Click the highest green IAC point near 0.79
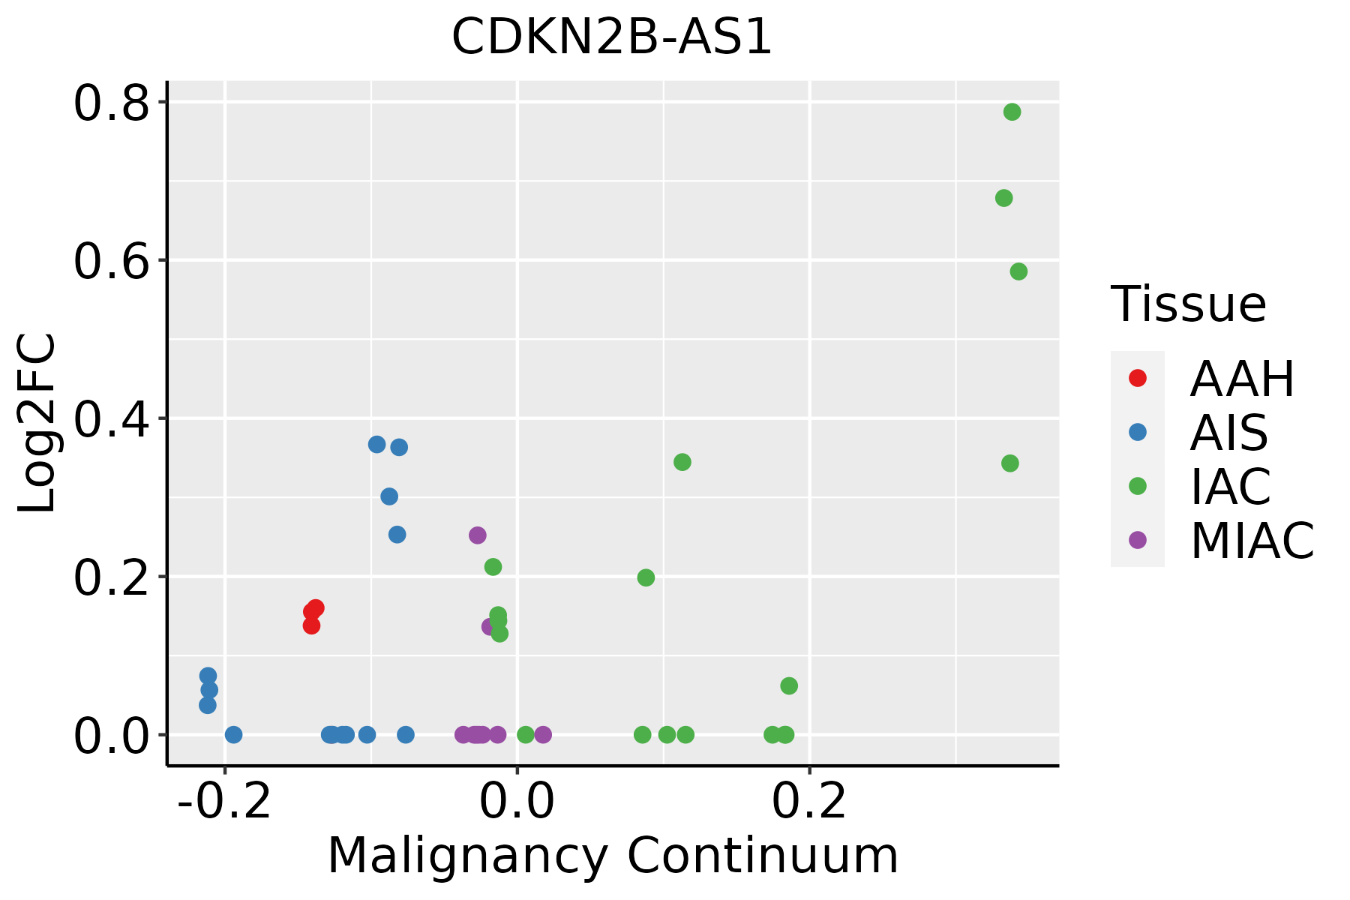click(x=1012, y=112)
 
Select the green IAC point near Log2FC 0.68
click(x=1003, y=198)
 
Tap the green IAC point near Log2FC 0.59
click(x=1018, y=271)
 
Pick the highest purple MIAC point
click(x=478, y=535)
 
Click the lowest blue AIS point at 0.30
click(x=389, y=496)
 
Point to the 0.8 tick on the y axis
click(x=112, y=103)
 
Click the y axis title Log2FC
click(x=37, y=423)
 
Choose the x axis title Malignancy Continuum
click(x=613, y=856)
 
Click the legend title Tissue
click(x=1188, y=304)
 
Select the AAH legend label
click(x=1242, y=379)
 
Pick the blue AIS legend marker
click(x=1137, y=432)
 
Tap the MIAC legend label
click(x=1252, y=541)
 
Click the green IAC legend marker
click(x=1137, y=486)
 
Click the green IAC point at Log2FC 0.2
click(x=646, y=577)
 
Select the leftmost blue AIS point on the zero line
click(x=233, y=734)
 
